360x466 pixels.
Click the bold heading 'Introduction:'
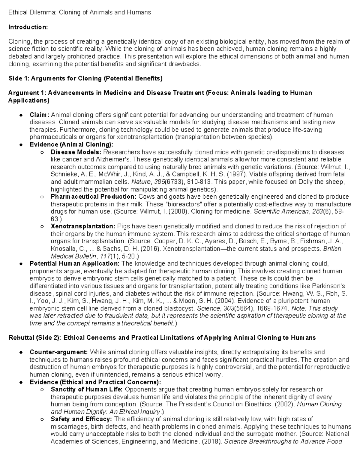28,27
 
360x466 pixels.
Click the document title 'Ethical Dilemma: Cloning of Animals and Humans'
79,12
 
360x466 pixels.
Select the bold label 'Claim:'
39,115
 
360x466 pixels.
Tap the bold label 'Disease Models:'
76,152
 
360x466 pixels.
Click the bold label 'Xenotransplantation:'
83,226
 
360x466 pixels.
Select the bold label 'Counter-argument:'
59,352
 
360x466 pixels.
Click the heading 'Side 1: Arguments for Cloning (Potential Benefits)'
85,79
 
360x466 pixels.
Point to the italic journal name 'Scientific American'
281,212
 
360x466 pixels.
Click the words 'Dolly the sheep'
324,182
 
